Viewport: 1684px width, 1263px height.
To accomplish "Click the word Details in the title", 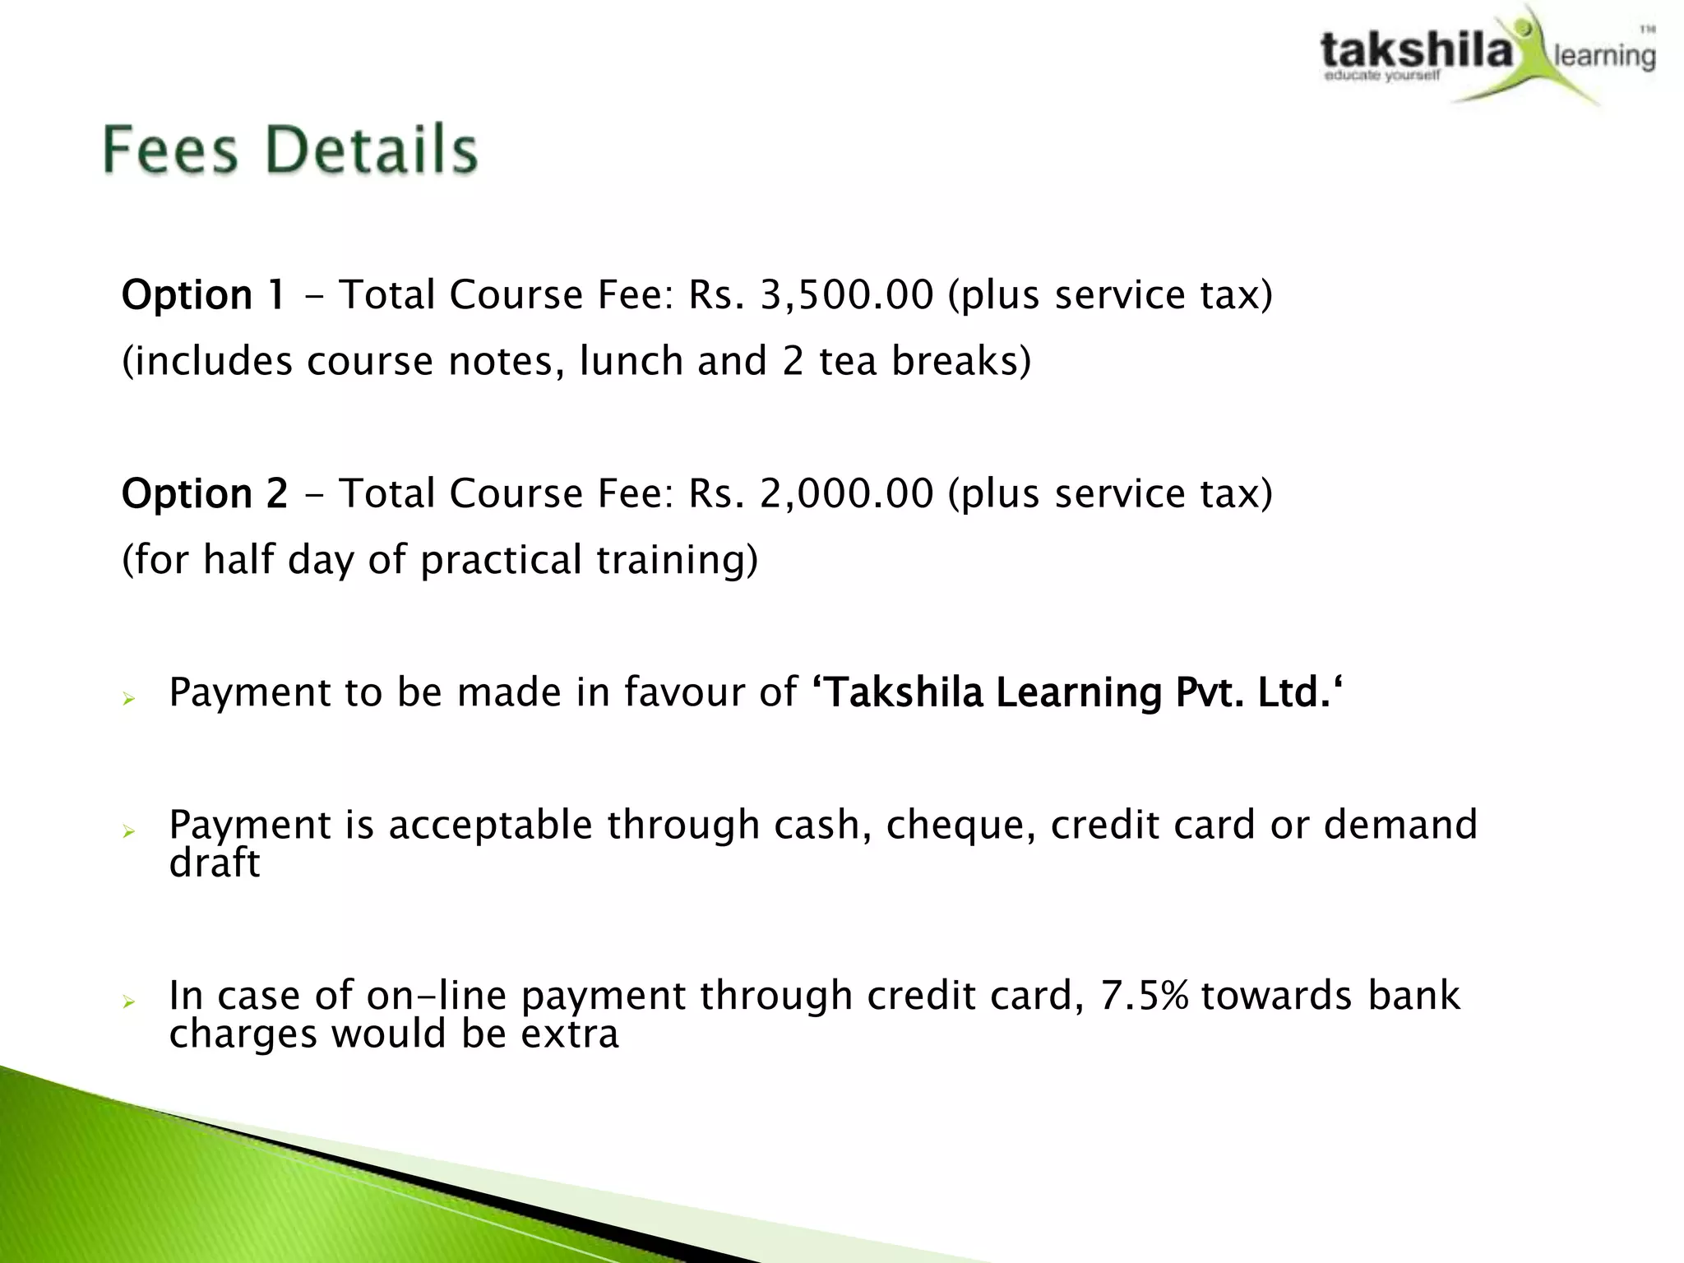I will pos(372,150).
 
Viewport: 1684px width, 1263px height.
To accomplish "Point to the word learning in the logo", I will pos(1604,56).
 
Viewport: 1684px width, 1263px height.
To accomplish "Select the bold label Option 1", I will pos(203,294).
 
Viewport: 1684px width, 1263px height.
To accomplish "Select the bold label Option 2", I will pos(205,493).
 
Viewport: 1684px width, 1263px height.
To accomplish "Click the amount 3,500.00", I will pos(847,294).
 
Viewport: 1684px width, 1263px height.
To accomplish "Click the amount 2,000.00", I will pos(847,493).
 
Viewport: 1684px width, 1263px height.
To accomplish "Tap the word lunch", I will pos(631,361).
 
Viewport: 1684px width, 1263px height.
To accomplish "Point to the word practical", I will pos(501,560).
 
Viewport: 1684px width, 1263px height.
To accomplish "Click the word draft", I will pos(214,863).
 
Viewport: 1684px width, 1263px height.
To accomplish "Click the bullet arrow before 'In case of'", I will pos(128,1002).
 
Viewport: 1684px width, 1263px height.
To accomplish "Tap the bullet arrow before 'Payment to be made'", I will pos(128,699).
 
